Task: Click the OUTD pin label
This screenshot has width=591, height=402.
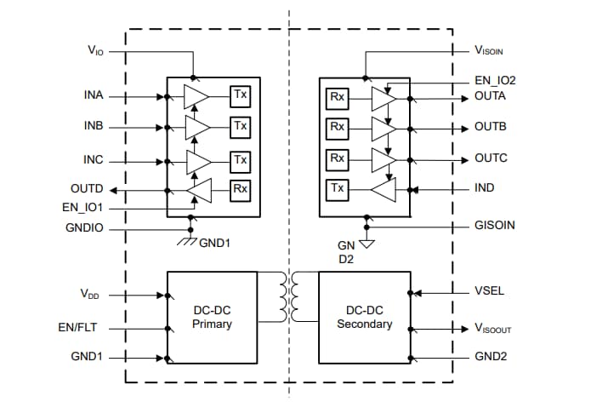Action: point(87,188)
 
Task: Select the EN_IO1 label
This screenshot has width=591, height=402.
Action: point(83,207)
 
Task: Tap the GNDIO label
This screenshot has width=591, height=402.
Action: point(85,228)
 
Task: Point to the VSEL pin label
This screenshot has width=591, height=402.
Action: point(490,290)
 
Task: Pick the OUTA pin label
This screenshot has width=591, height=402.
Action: point(491,96)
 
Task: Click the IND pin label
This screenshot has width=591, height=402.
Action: point(485,188)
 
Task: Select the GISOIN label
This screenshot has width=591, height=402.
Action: point(494,227)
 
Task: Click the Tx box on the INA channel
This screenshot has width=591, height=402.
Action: point(241,95)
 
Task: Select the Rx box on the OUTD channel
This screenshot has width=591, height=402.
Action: point(241,189)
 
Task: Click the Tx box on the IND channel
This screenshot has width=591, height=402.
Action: point(338,189)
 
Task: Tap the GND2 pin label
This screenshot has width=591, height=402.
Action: point(491,357)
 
